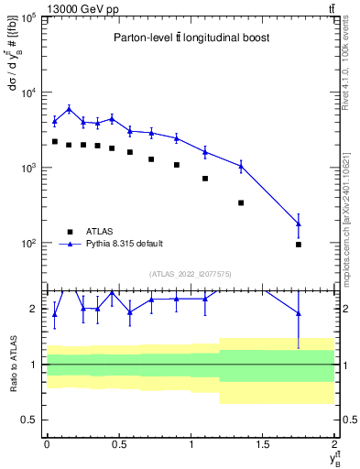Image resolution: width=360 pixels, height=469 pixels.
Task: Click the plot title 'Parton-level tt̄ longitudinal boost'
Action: tap(189, 38)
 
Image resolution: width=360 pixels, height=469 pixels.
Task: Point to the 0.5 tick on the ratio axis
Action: tap(30, 420)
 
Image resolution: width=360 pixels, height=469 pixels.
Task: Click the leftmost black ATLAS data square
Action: tap(55, 142)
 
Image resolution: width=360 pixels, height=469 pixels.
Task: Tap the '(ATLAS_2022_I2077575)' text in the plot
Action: tap(189, 273)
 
